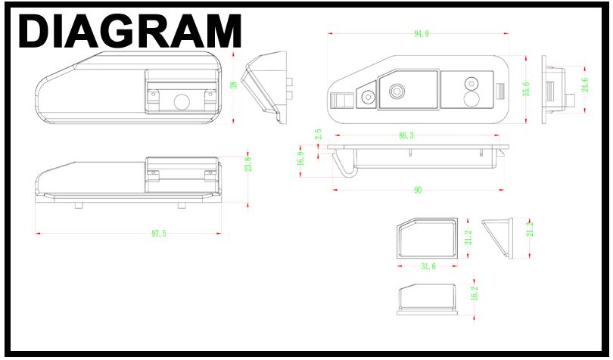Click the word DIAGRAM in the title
coord(130,31)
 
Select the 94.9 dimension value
coord(422,34)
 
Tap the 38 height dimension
coord(234,85)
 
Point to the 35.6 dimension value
coord(527,88)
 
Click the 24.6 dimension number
coord(585,85)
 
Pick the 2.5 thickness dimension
coord(318,135)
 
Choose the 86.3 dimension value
coord(406,135)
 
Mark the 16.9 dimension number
coord(300,159)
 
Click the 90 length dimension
coord(418,191)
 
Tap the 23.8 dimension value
coord(248,164)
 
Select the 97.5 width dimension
coord(159,234)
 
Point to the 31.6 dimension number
coord(428,266)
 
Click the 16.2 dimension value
coord(475,293)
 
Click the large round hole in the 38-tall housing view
coord(182,102)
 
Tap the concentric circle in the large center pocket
coord(397,92)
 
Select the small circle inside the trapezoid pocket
coord(369,97)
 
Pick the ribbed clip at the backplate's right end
coord(500,92)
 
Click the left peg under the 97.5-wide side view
coord(79,205)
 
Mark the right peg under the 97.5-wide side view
coord(182,205)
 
